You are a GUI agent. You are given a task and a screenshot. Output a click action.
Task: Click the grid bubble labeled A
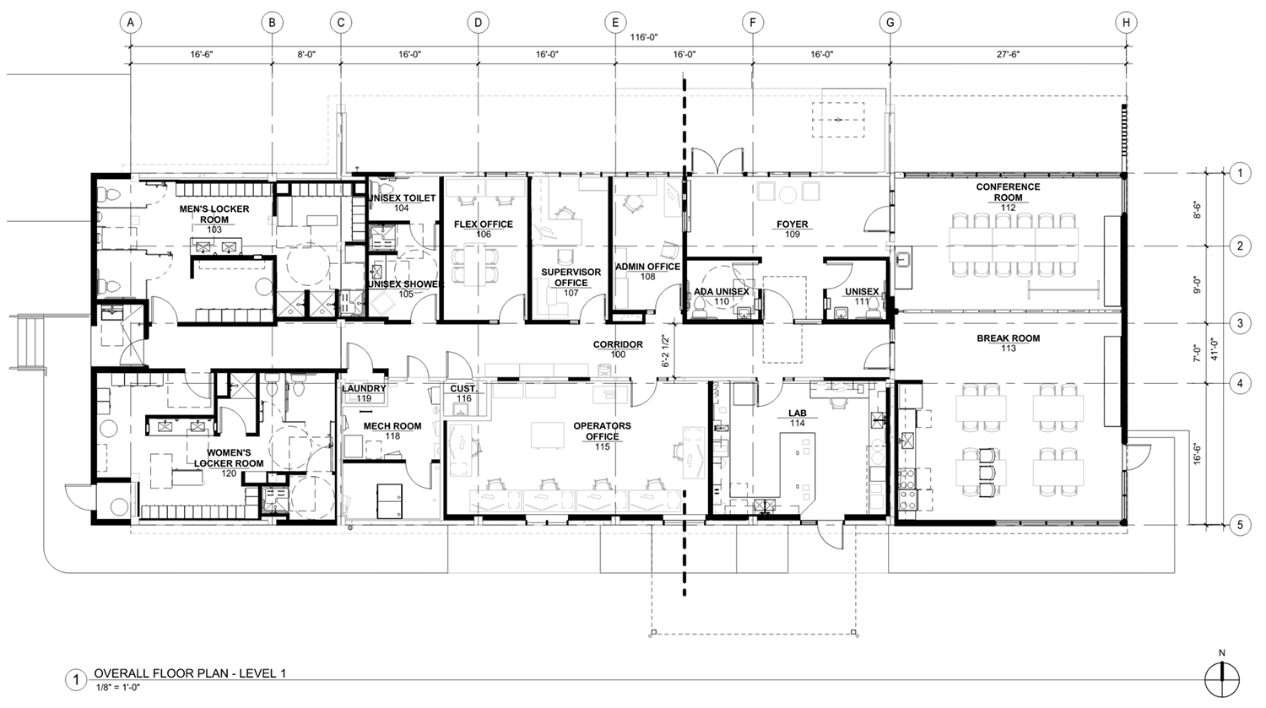click(x=130, y=23)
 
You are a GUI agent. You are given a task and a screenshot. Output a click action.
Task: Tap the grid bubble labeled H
click(x=1125, y=23)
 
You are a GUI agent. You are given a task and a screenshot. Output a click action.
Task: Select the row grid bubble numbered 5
click(x=1239, y=525)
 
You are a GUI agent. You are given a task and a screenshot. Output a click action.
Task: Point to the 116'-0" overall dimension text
click(x=643, y=37)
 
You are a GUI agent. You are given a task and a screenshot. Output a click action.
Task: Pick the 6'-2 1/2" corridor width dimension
click(x=666, y=349)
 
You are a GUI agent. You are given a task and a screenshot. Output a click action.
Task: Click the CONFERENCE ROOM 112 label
click(x=1008, y=197)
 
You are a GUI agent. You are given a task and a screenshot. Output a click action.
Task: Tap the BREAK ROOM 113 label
click(x=1008, y=343)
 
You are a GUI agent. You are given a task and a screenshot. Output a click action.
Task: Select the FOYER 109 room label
click(x=793, y=229)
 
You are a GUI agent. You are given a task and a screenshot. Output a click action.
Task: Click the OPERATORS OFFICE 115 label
click(x=602, y=435)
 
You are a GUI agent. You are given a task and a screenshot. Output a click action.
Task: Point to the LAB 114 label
click(x=797, y=418)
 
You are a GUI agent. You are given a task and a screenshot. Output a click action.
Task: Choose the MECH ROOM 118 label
click(x=392, y=430)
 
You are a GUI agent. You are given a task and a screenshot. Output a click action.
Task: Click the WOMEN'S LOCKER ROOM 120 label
click(x=229, y=463)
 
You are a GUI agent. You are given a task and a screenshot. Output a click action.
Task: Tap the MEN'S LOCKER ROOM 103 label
click(x=214, y=219)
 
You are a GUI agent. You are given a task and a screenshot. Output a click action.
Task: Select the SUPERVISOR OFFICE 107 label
click(x=571, y=282)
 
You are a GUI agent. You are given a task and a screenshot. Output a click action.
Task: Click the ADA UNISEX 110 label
click(x=722, y=295)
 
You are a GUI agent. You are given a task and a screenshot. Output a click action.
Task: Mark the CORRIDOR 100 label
click(x=618, y=349)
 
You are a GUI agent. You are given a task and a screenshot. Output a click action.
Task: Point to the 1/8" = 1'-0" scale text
click(x=122, y=687)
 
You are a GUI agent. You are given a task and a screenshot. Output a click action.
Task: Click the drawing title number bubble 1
click(x=76, y=678)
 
